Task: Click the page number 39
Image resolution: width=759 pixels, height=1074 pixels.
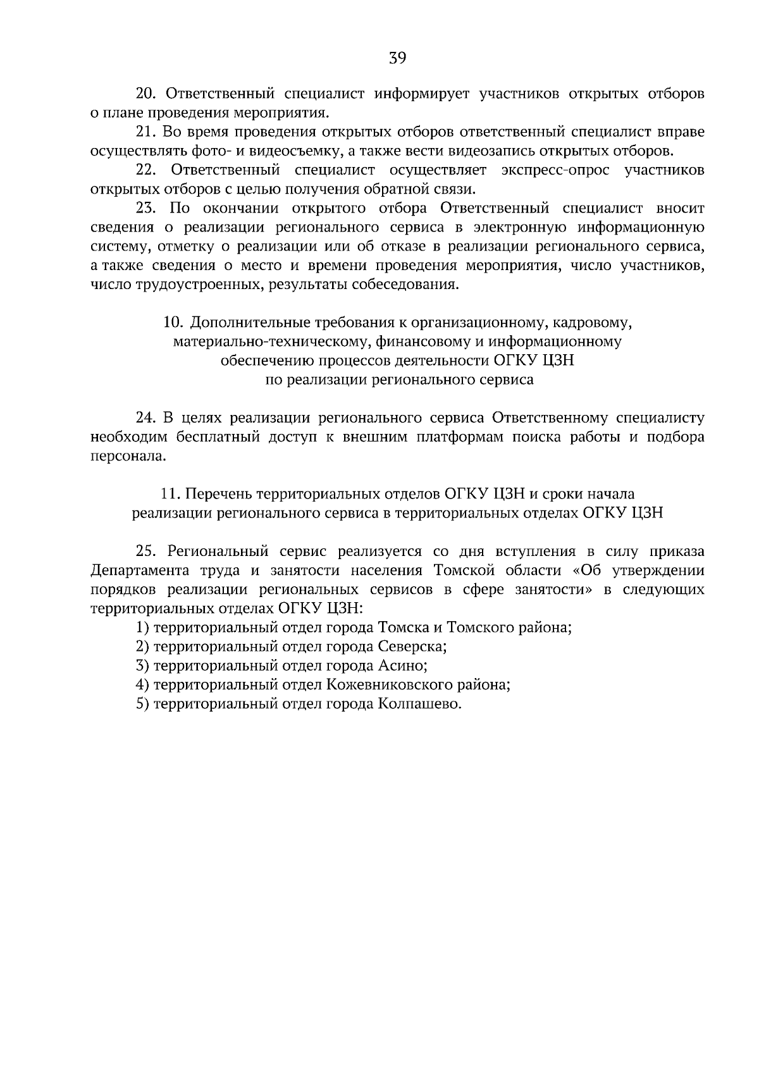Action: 397,59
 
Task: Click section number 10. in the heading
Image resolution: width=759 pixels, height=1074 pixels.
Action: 173,323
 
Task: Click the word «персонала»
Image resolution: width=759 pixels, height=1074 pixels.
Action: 126,456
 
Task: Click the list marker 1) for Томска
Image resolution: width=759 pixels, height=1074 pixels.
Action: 142,628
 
